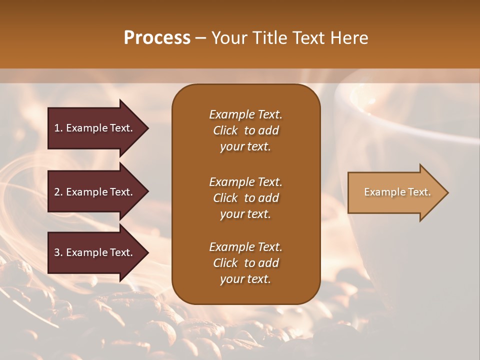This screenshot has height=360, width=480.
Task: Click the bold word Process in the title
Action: tap(157, 38)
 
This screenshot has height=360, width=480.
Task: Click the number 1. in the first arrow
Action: tap(58, 128)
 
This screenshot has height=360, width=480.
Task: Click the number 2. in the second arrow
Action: tap(58, 192)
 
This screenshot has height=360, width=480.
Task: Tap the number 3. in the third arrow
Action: tap(58, 252)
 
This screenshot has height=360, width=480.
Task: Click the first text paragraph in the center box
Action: tap(245, 130)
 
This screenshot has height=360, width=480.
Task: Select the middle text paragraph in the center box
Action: tap(245, 198)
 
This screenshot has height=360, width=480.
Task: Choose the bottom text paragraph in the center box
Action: tap(245, 263)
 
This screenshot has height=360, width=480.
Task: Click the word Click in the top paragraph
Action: tap(225, 130)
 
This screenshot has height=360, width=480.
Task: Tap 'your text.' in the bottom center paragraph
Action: tap(245, 279)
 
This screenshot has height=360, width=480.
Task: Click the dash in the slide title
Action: tap(200, 38)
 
